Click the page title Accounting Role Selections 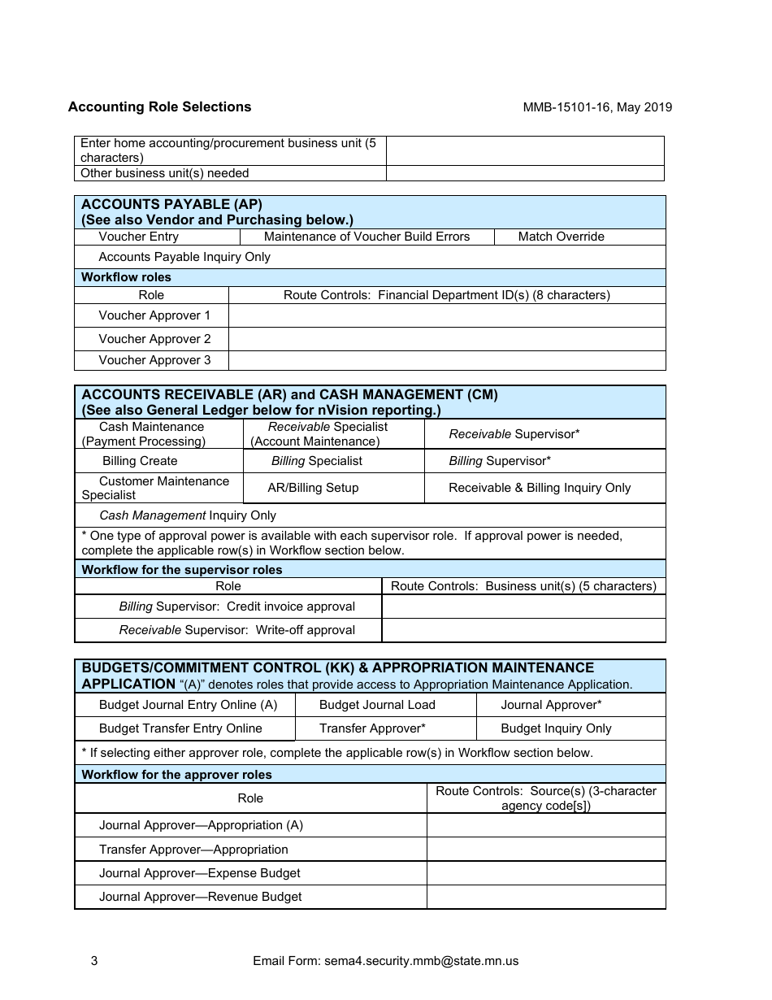(x=159, y=107)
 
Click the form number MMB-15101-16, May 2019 (x=597, y=107)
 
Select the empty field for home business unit (x=525, y=150)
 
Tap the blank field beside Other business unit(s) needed (x=525, y=173)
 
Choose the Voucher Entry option (x=138, y=237)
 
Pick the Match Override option (x=561, y=237)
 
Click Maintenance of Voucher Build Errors (x=366, y=237)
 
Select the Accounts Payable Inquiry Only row (x=184, y=257)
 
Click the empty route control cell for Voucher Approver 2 (x=446, y=339)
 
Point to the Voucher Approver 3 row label (x=154, y=360)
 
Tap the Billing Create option (x=139, y=461)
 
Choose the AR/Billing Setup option (x=313, y=488)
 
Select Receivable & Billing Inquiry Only (x=540, y=488)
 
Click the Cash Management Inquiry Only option (x=187, y=515)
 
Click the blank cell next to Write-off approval (x=523, y=630)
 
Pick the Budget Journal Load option (x=377, y=705)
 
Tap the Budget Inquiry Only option (x=556, y=728)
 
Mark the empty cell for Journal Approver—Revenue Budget (x=545, y=897)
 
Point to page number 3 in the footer (x=94, y=961)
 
